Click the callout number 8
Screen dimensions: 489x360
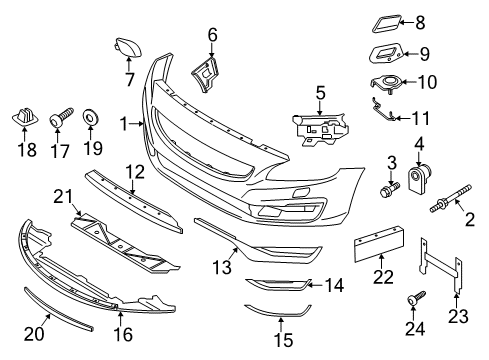(420, 23)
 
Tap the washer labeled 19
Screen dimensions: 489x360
(89, 117)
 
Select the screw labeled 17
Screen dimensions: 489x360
(62, 117)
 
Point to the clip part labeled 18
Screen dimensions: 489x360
(25, 117)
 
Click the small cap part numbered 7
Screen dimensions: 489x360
(128, 48)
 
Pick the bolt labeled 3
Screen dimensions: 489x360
(390, 191)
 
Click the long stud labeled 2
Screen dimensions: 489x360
(450, 199)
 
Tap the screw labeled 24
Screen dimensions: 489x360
(416, 298)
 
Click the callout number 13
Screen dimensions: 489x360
(222, 267)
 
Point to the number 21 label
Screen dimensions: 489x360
(63, 197)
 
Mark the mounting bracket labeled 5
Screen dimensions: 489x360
(320, 129)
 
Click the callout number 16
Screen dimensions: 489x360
(123, 334)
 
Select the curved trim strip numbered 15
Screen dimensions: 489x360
(277, 311)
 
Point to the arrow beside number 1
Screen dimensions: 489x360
(137, 124)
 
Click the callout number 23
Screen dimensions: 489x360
(459, 316)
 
